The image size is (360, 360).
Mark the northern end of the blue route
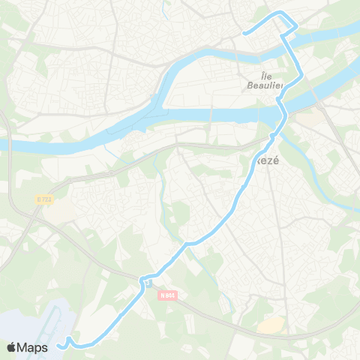pos(245,33)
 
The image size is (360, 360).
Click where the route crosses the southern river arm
pos(283,112)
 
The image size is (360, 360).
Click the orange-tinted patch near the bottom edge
pos(271,324)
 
